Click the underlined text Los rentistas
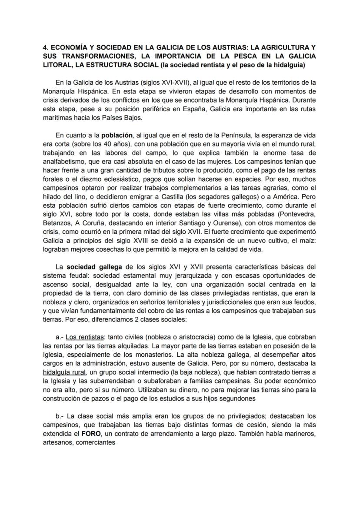[x=85, y=337]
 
